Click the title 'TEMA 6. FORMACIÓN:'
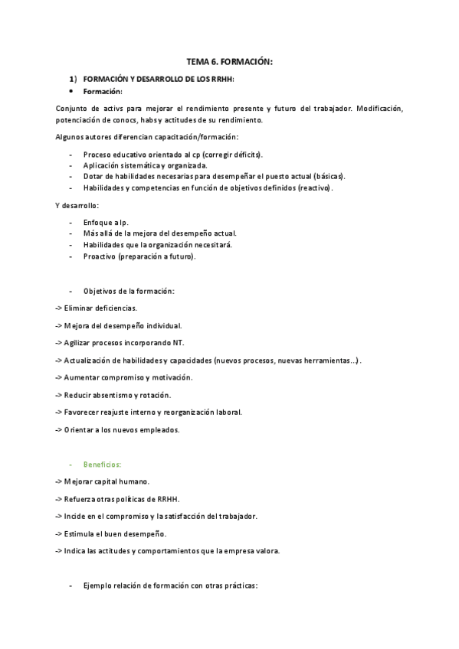[x=230, y=60]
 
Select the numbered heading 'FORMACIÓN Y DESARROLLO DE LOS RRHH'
[x=158, y=79]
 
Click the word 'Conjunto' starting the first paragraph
[x=72, y=109]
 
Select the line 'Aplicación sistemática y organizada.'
[x=146, y=165]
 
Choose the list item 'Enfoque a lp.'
[x=106, y=222]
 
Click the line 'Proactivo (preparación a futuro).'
[x=139, y=256]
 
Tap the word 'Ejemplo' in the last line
[x=99, y=586]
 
